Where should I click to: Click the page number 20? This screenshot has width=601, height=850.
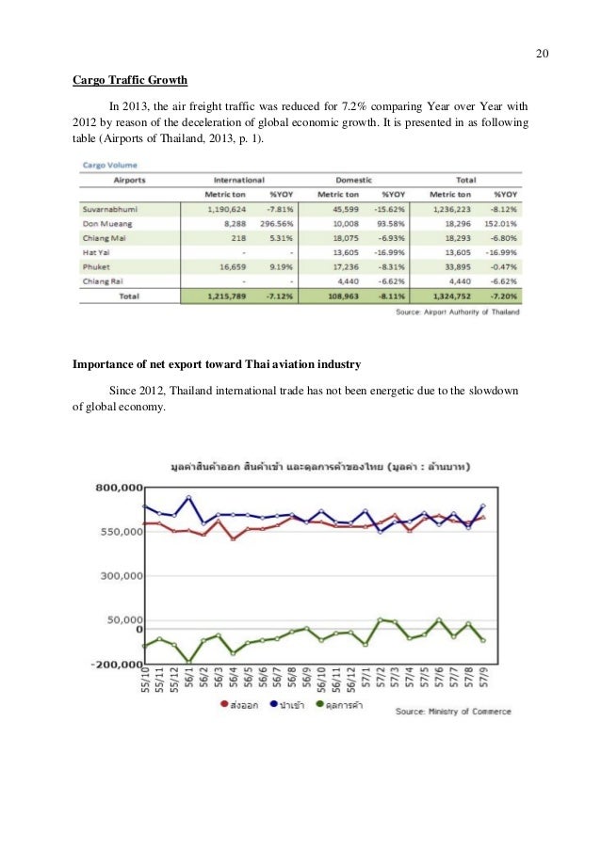pos(542,52)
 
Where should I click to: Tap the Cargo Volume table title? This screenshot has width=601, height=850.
pos(106,164)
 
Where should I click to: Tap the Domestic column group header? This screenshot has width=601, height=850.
pos(356,179)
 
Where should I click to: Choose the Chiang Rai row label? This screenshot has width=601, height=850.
pos(107,281)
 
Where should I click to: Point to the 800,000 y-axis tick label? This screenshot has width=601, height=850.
pos(118,488)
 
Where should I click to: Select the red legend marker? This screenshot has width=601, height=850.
pos(224,704)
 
